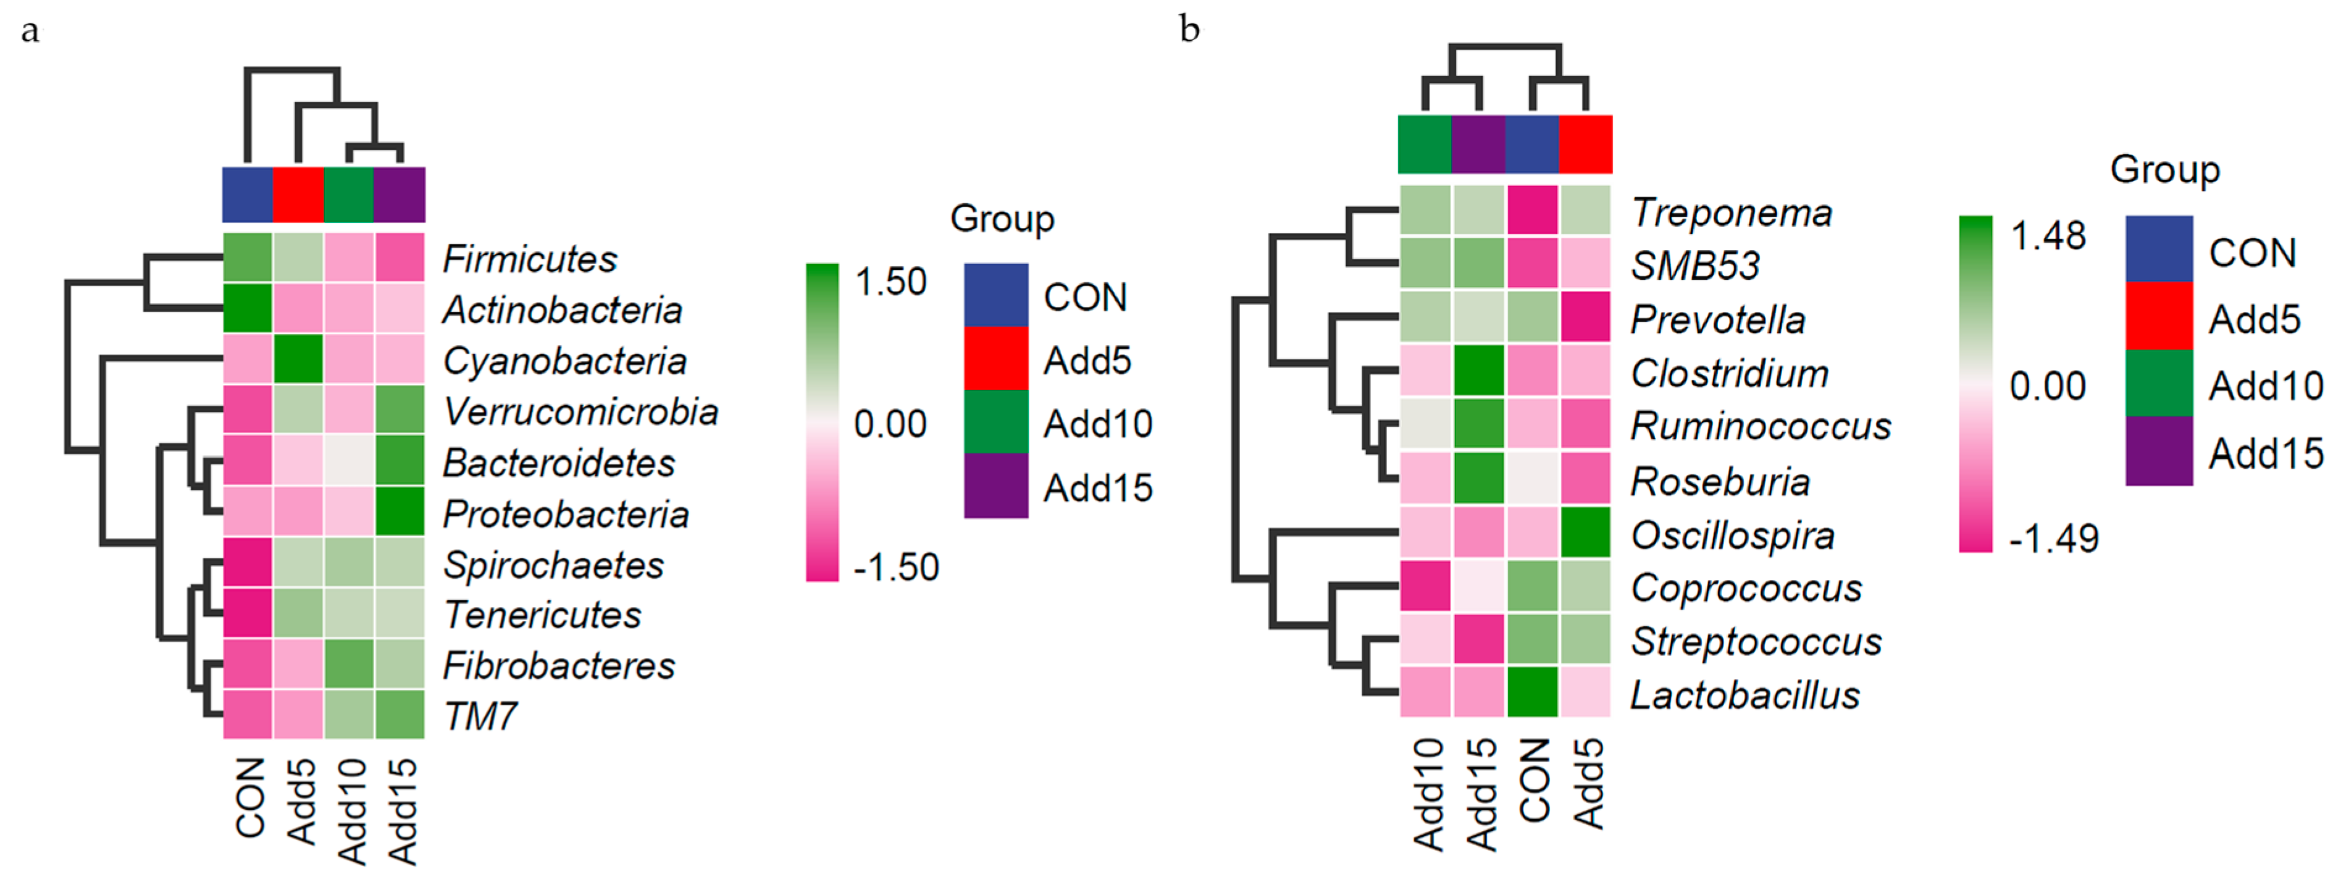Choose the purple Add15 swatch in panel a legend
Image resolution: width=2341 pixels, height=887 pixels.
(x=996, y=486)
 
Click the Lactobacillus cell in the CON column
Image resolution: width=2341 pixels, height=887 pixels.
(x=1532, y=692)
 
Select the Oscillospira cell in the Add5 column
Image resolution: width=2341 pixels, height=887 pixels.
(x=1586, y=532)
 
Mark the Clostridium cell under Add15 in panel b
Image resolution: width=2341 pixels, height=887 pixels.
(x=1478, y=371)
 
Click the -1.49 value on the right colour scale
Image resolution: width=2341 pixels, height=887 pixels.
(x=2053, y=539)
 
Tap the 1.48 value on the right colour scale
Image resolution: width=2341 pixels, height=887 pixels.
(x=2048, y=237)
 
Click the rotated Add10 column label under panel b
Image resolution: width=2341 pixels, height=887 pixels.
(x=1428, y=793)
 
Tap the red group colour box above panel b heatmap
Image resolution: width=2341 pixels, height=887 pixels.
(x=1586, y=143)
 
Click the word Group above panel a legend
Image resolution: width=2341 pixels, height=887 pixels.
(x=1002, y=219)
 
